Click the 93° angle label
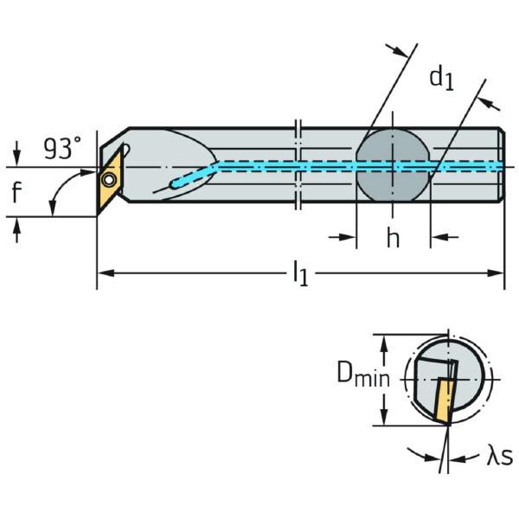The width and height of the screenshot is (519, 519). pyautogui.click(x=62, y=150)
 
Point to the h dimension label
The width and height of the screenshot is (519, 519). pyautogui.click(x=393, y=240)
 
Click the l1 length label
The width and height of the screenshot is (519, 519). pyautogui.click(x=299, y=275)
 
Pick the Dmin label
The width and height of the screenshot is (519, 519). pyautogui.click(x=362, y=376)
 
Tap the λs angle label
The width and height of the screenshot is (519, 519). pyautogui.click(x=499, y=456)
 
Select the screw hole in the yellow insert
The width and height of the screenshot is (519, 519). pyautogui.click(x=108, y=179)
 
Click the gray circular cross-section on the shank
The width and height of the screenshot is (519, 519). pyautogui.click(x=394, y=164)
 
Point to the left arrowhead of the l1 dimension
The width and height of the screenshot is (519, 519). pyautogui.click(x=102, y=273)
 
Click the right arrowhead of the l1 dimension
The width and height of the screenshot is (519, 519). pyautogui.click(x=498, y=273)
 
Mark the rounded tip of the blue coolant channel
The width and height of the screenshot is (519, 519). pyautogui.click(x=174, y=183)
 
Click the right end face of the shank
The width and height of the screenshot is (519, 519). pyautogui.click(x=502, y=164)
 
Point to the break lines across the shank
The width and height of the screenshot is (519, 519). pyautogui.click(x=298, y=164)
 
